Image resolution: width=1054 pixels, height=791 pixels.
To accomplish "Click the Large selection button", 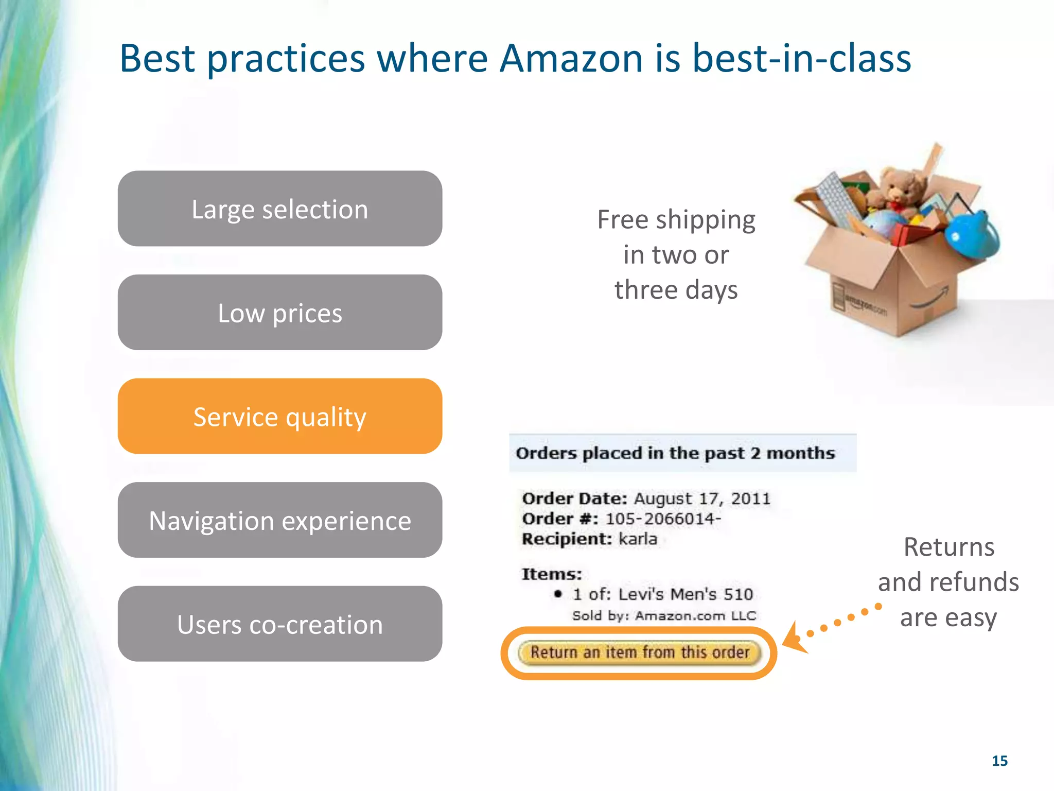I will click(x=279, y=209).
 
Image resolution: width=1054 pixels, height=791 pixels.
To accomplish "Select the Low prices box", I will click(x=279, y=313).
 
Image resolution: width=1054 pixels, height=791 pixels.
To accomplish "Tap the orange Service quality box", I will click(x=279, y=416).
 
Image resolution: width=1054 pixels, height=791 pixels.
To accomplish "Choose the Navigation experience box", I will click(x=279, y=520).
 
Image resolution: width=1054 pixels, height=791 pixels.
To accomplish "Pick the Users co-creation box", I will click(x=279, y=624).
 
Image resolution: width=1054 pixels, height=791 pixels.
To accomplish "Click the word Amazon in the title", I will click(x=571, y=58).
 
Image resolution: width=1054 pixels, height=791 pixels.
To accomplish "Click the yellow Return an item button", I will click(x=639, y=652).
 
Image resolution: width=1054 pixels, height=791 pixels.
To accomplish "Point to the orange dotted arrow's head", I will click(x=793, y=639).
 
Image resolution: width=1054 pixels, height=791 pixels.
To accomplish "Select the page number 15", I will click(x=999, y=761).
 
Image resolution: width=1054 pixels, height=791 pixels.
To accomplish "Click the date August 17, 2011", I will click(x=702, y=498).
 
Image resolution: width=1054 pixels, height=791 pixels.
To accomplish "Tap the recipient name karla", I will click(x=638, y=539).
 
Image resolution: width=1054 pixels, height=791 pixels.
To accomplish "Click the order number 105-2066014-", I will click(x=663, y=519).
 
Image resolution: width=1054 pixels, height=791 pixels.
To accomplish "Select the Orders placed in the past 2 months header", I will click(x=675, y=453).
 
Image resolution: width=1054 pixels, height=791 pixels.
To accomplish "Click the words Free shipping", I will click(x=676, y=220).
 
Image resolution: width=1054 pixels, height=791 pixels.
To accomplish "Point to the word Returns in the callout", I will click(x=948, y=547).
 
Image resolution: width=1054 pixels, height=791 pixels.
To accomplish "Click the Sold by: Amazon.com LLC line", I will click(x=664, y=616).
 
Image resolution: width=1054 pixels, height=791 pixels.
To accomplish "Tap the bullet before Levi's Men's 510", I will click(x=558, y=594).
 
